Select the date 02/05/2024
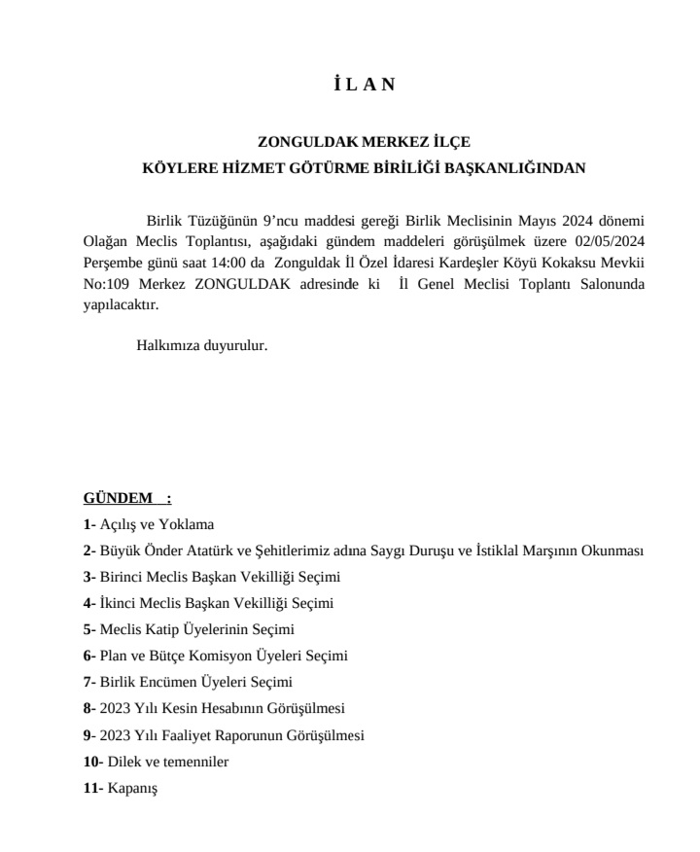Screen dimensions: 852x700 click(610, 242)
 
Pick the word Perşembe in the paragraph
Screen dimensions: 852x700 click(112, 263)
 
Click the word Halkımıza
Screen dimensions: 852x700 click(166, 344)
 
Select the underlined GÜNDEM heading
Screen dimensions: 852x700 click(113, 499)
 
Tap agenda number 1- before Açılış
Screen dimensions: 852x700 click(90, 524)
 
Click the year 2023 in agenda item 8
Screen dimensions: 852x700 click(118, 708)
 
